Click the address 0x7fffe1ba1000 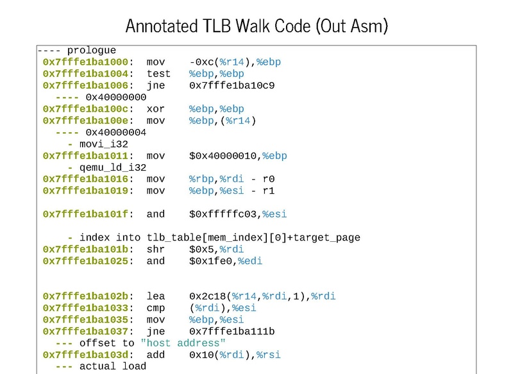(x=87, y=62)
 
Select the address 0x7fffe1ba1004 (x=87, y=74)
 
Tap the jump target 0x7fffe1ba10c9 (x=232, y=85)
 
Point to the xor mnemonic (x=155, y=109)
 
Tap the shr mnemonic (x=155, y=250)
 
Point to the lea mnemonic (x=155, y=296)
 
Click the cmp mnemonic (x=155, y=308)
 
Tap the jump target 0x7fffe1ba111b (x=232, y=331)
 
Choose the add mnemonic (x=155, y=355)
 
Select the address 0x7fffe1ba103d (x=87, y=355)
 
